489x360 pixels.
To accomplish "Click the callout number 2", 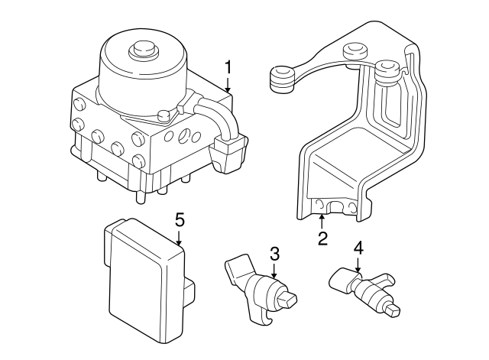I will tap(322, 238).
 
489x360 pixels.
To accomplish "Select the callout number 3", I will tap(274, 253).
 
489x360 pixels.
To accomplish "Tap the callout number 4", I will tap(358, 248).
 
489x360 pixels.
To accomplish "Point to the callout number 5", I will tap(180, 220).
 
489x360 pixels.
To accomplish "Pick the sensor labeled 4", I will tap(359, 290).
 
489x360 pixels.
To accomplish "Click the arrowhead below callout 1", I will tap(228, 91).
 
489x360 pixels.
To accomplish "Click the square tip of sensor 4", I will tap(393, 311).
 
